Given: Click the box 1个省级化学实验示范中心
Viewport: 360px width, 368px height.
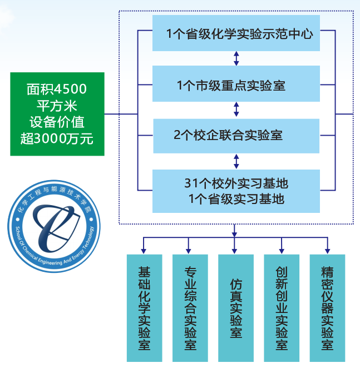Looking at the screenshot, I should [236, 34].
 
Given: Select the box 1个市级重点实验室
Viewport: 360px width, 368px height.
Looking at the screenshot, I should [236, 86].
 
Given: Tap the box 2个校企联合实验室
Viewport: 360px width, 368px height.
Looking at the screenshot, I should [236, 135].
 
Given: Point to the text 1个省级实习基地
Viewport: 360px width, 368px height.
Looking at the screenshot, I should [236, 198].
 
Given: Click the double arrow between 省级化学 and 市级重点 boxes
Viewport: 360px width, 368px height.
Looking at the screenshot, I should [236, 58].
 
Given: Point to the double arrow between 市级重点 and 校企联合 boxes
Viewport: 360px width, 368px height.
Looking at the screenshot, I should [236, 110].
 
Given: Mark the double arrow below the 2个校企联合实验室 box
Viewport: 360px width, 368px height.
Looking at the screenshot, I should [236, 161].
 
